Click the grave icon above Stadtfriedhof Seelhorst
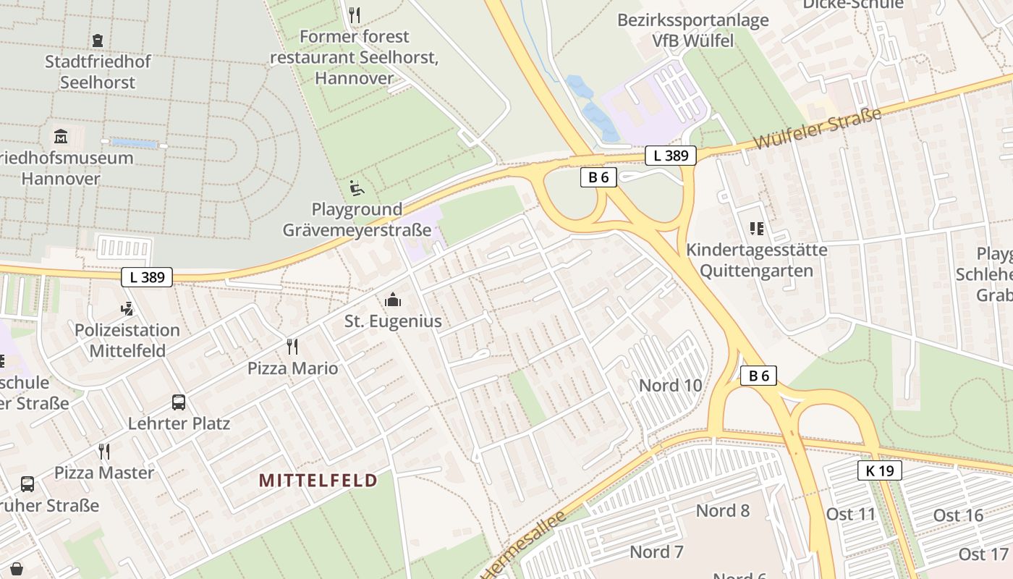[x=98, y=41]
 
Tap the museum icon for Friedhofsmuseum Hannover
[x=61, y=136]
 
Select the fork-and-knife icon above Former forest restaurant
[x=354, y=14]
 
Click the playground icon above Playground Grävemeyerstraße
[x=357, y=188]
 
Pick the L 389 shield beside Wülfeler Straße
[x=670, y=155]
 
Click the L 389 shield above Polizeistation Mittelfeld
[x=147, y=276]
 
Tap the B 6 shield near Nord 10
[x=758, y=376]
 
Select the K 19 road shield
[x=880, y=470]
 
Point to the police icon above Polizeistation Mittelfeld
[x=127, y=309]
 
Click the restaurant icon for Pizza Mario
[x=292, y=347]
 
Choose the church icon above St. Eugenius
[x=392, y=300]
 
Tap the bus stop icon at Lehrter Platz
[x=178, y=402]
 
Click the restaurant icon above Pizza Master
[x=104, y=452]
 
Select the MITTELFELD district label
[x=318, y=481]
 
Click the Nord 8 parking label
[x=722, y=511]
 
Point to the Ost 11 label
[x=851, y=515]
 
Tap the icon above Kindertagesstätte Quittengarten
[x=757, y=229]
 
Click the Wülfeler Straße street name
[x=817, y=129]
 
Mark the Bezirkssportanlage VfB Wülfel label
[x=692, y=30]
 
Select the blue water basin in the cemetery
[x=134, y=144]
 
